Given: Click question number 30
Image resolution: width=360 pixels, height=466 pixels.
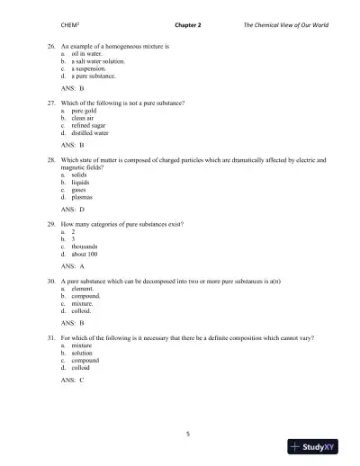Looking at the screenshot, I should pos(51,282).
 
